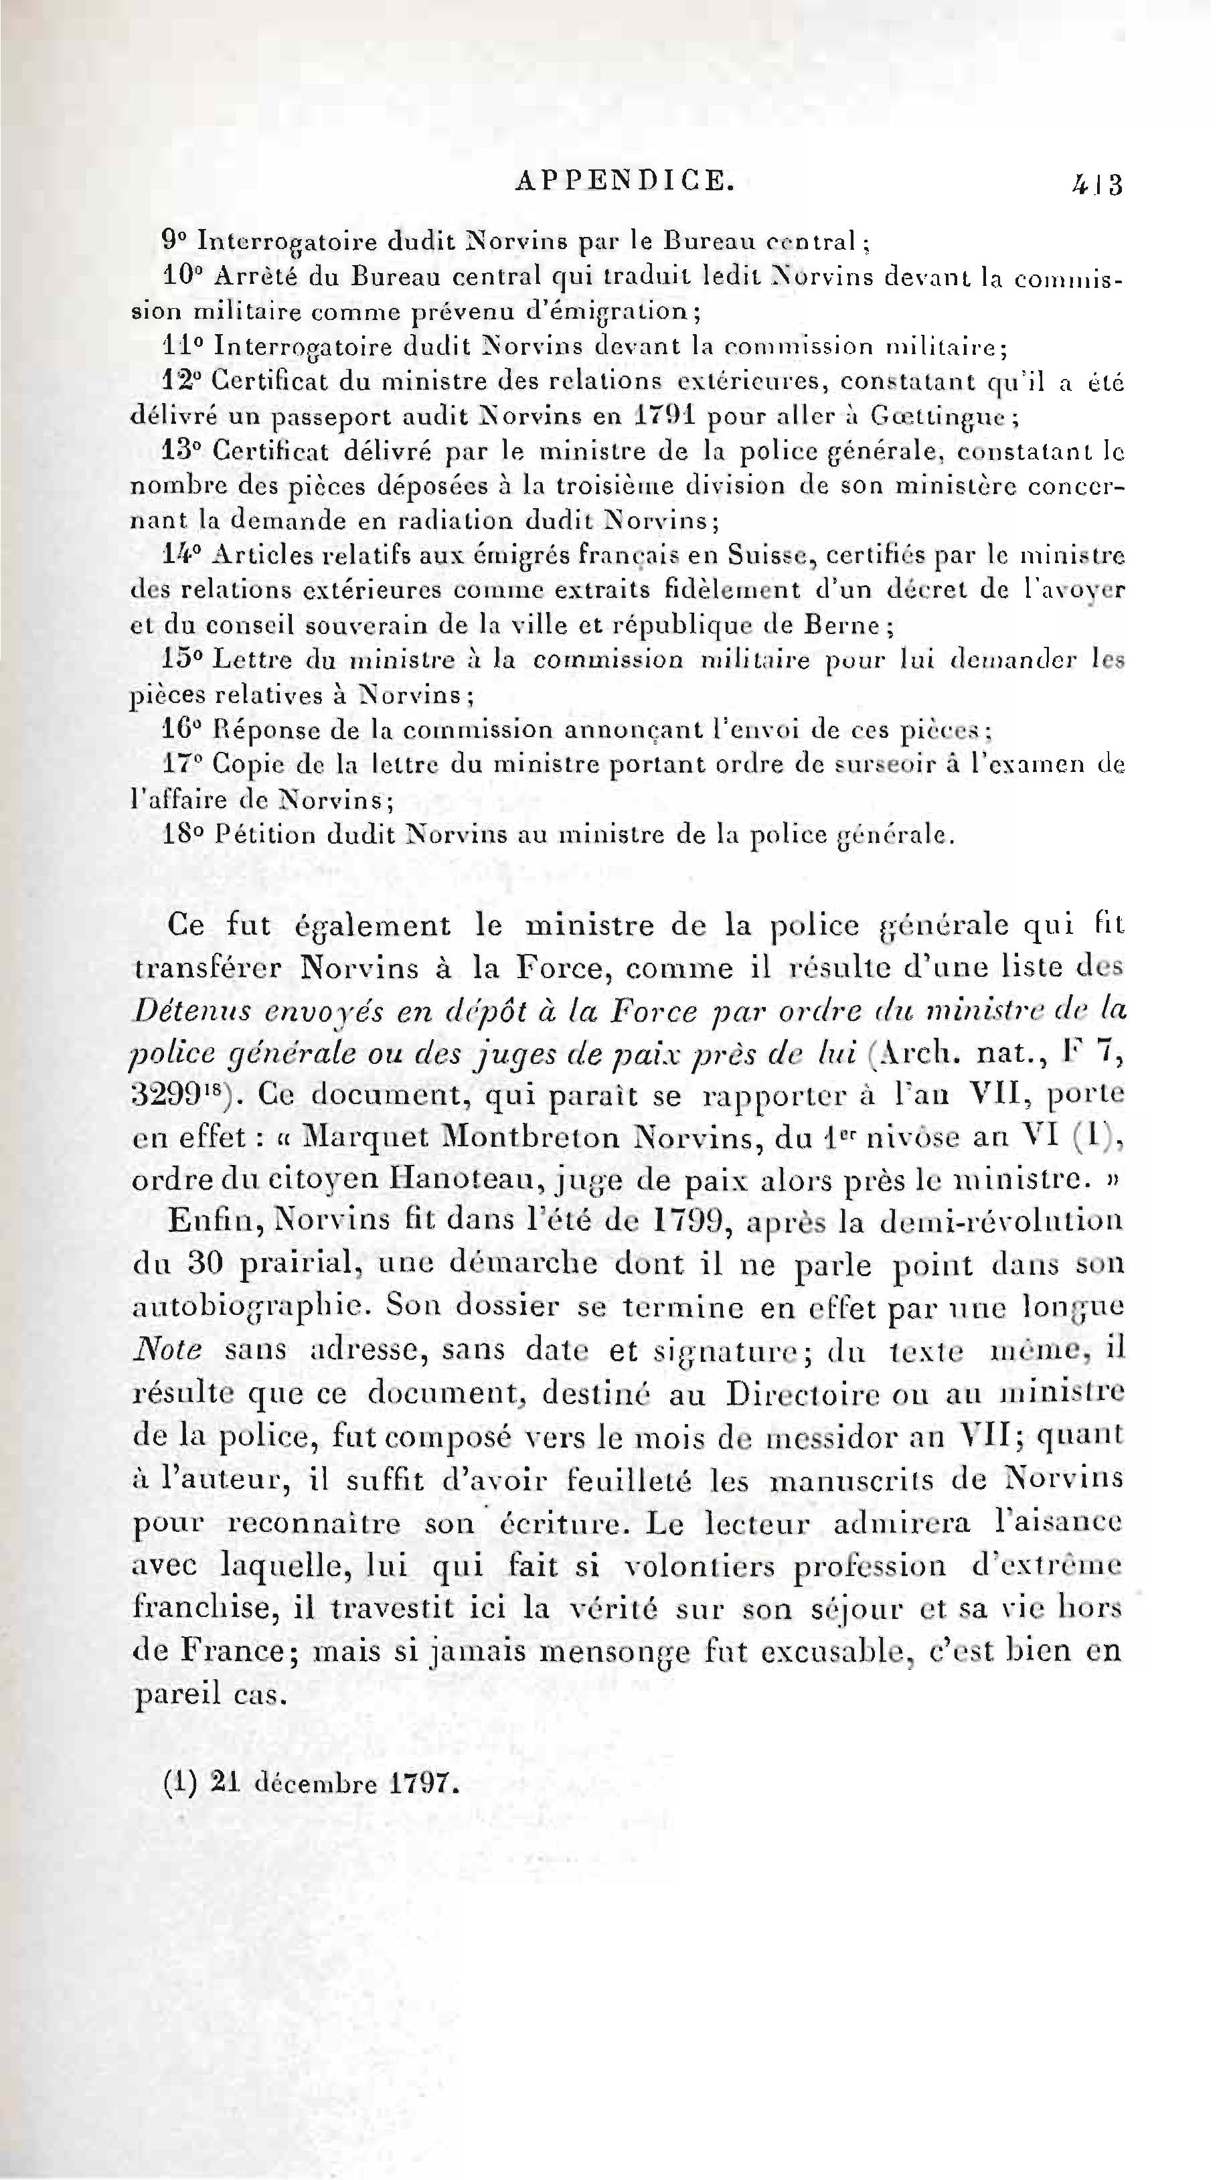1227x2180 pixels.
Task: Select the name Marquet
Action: click(x=362, y=1137)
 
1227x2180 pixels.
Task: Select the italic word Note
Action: click(x=167, y=1350)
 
